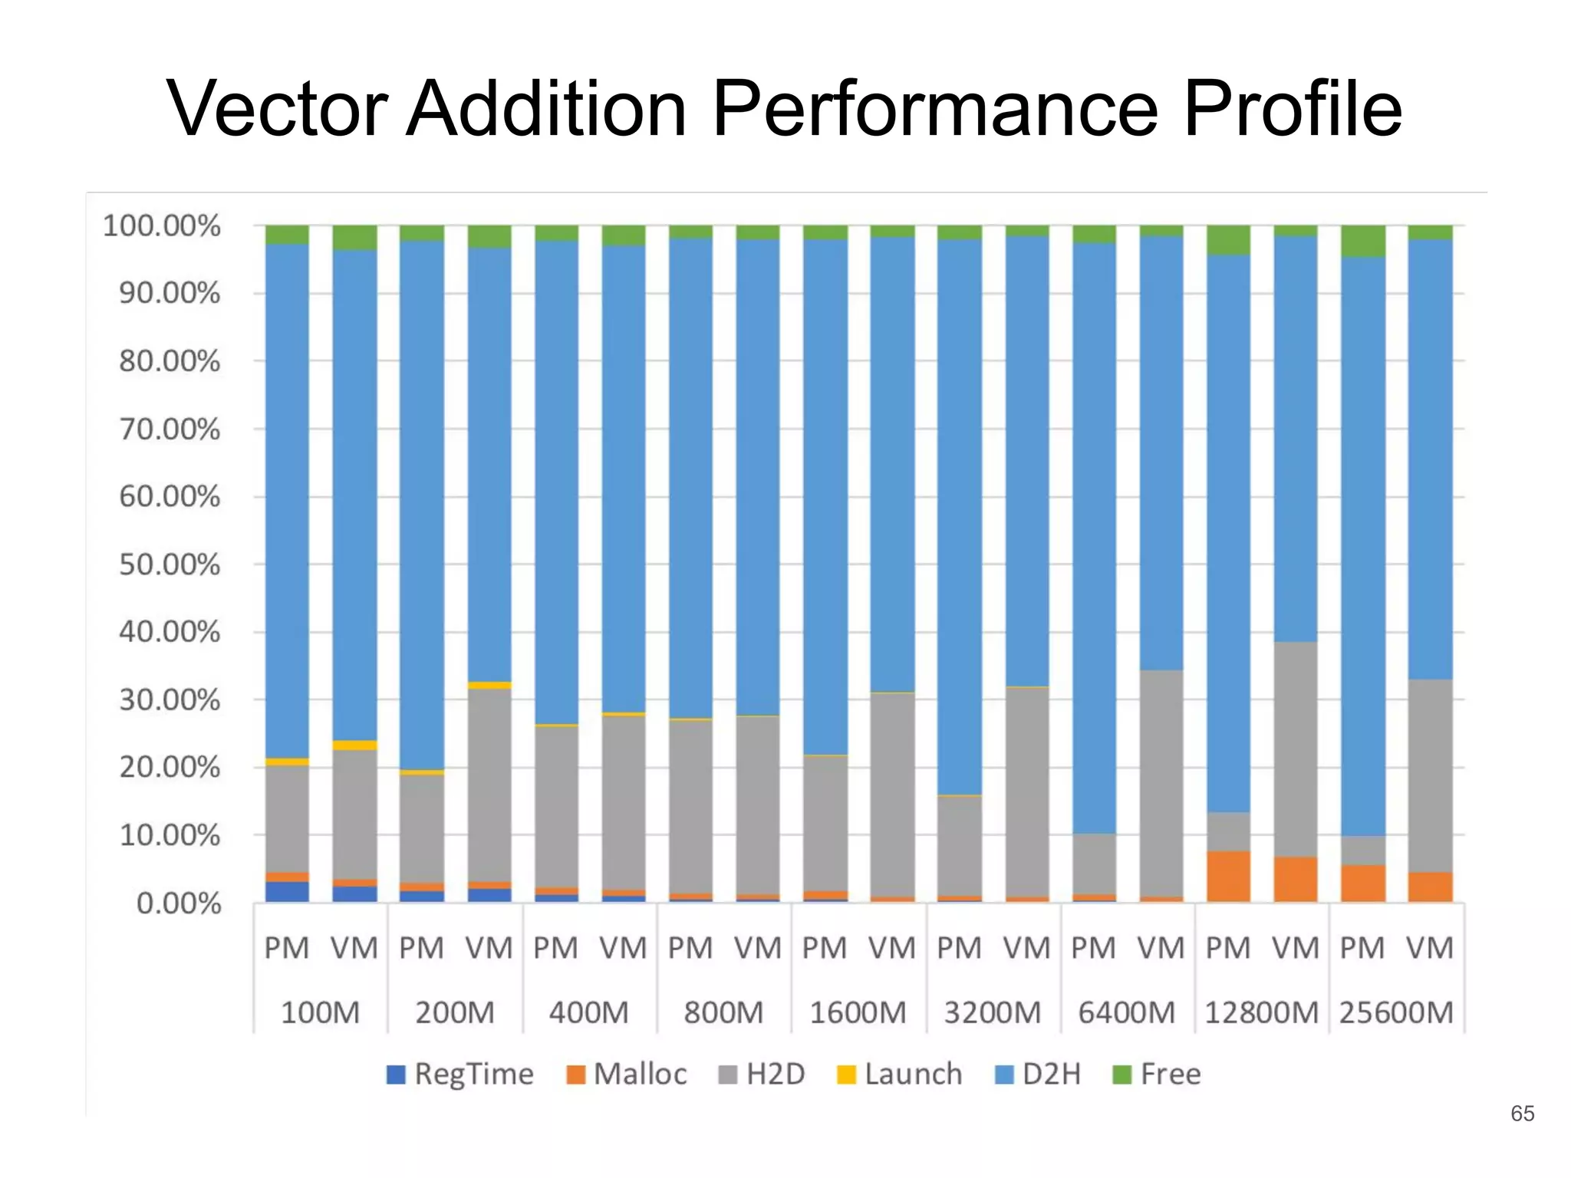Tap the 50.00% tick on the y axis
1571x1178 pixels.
pyautogui.click(x=170, y=565)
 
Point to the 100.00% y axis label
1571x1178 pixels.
pyautogui.click(x=161, y=226)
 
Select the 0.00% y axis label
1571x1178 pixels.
pyautogui.click(x=179, y=903)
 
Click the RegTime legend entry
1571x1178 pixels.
pyautogui.click(x=460, y=1074)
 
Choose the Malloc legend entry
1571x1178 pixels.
pyautogui.click(x=627, y=1074)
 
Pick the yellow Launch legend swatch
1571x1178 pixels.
pyautogui.click(x=846, y=1074)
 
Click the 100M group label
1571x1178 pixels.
pyautogui.click(x=320, y=1013)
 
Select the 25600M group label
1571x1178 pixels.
pyautogui.click(x=1396, y=1013)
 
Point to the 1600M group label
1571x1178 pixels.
pyautogui.click(x=858, y=1013)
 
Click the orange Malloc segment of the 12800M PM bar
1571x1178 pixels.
pyautogui.click(x=1228, y=876)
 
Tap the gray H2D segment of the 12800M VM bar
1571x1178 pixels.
pyautogui.click(x=1296, y=749)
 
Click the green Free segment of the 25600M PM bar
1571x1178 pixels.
pyautogui.click(x=1363, y=241)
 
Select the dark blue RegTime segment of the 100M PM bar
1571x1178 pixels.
pyautogui.click(x=287, y=892)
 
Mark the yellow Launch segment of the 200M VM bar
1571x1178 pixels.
pyautogui.click(x=489, y=685)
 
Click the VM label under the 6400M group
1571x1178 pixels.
pyautogui.click(x=1161, y=949)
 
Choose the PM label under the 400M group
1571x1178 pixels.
pyautogui.click(x=555, y=949)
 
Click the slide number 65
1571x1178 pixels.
pyautogui.click(x=1522, y=1113)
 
